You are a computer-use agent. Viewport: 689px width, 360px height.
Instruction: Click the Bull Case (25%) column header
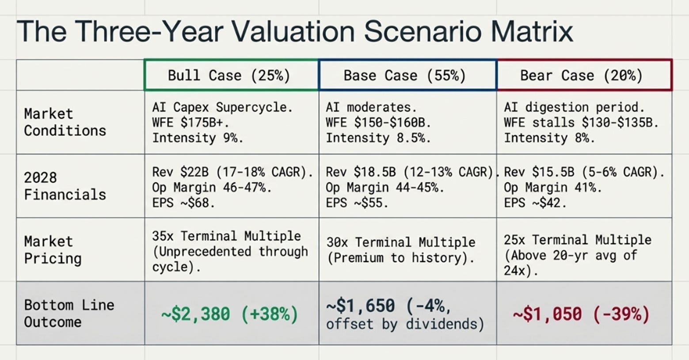point(229,75)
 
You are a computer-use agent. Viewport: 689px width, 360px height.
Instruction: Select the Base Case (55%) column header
point(405,75)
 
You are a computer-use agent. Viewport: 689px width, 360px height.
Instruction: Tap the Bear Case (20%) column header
point(581,75)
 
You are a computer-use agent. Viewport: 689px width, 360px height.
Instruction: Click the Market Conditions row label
point(65,123)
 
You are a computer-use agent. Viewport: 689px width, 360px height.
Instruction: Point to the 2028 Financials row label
point(65,186)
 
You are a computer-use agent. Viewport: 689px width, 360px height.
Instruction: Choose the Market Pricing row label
point(53,250)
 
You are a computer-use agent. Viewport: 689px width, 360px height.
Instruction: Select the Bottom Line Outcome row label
point(69,314)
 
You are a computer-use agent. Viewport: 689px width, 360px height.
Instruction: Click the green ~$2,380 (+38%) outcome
point(229,314)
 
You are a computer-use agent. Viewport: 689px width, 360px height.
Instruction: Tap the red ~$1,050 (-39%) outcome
point(581,314)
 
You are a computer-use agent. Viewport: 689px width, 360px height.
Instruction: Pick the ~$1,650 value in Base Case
point(360,306)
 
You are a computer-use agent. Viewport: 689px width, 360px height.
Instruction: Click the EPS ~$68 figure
point(183,203)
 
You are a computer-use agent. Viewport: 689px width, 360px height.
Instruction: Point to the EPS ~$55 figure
point(357,203)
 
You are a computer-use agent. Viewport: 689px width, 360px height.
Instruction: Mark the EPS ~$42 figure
point(535,203)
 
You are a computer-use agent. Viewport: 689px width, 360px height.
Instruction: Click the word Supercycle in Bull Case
point(254,107)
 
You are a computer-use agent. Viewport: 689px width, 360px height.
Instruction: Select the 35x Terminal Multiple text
point(226,236)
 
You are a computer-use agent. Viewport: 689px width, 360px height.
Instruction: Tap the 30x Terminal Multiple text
point(401,242)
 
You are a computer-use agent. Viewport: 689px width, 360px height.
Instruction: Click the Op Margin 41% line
point(553,188)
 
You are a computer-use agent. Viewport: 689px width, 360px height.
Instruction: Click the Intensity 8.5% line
point(378,138)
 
